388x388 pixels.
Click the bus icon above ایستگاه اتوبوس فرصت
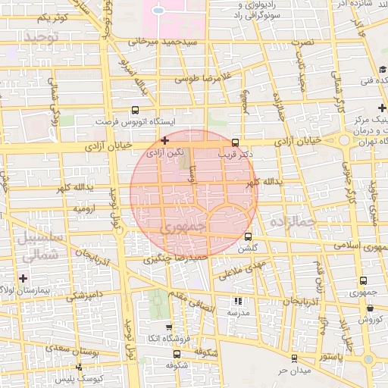click(136, 109)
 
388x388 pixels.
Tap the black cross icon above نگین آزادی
click(164, 140)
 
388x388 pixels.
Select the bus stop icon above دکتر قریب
click(234, 142)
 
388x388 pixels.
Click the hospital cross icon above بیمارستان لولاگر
click(23, 278)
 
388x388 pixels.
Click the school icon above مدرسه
click(239, 301)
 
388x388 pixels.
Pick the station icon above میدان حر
click(294, 358)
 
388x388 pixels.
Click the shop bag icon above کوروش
click(369, 308)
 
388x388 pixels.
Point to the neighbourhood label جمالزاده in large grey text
click(291, 221)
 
